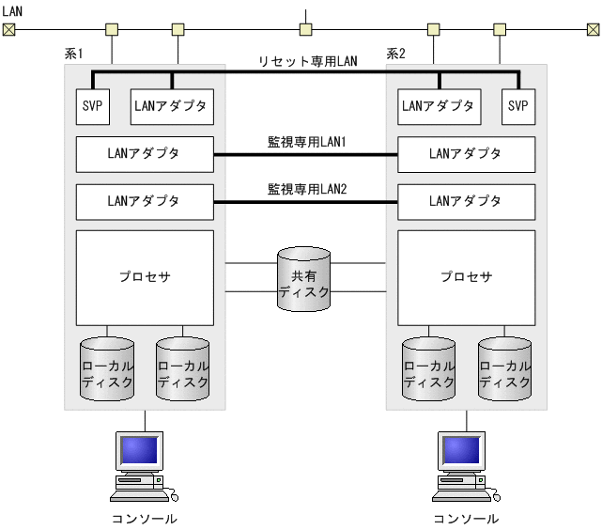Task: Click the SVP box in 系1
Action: [x=91, y=106]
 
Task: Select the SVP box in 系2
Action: [x=517, y=106]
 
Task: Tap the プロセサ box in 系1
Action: [x=145, y=277]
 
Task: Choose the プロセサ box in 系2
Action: [x=466, y=277]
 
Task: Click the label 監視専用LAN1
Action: [x=306, y=142]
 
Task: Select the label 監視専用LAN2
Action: [x=306, y=189]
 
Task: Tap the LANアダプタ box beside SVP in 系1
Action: [x=172, y=106]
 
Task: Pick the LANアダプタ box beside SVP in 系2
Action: [x=438, y=106]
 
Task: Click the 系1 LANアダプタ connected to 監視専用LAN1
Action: [x=145, y=153]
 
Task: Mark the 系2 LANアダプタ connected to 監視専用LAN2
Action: [x=466, y=200]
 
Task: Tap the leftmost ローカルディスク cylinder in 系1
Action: [x=107, y=369]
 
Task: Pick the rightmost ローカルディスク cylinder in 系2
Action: [x=504, y=369]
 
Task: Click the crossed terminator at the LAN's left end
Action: [x=9, y=29]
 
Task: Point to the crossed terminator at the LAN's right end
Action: [x=591, y=29]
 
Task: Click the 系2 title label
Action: [x=395, y=55]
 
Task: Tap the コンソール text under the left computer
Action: [x=144, y=518]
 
